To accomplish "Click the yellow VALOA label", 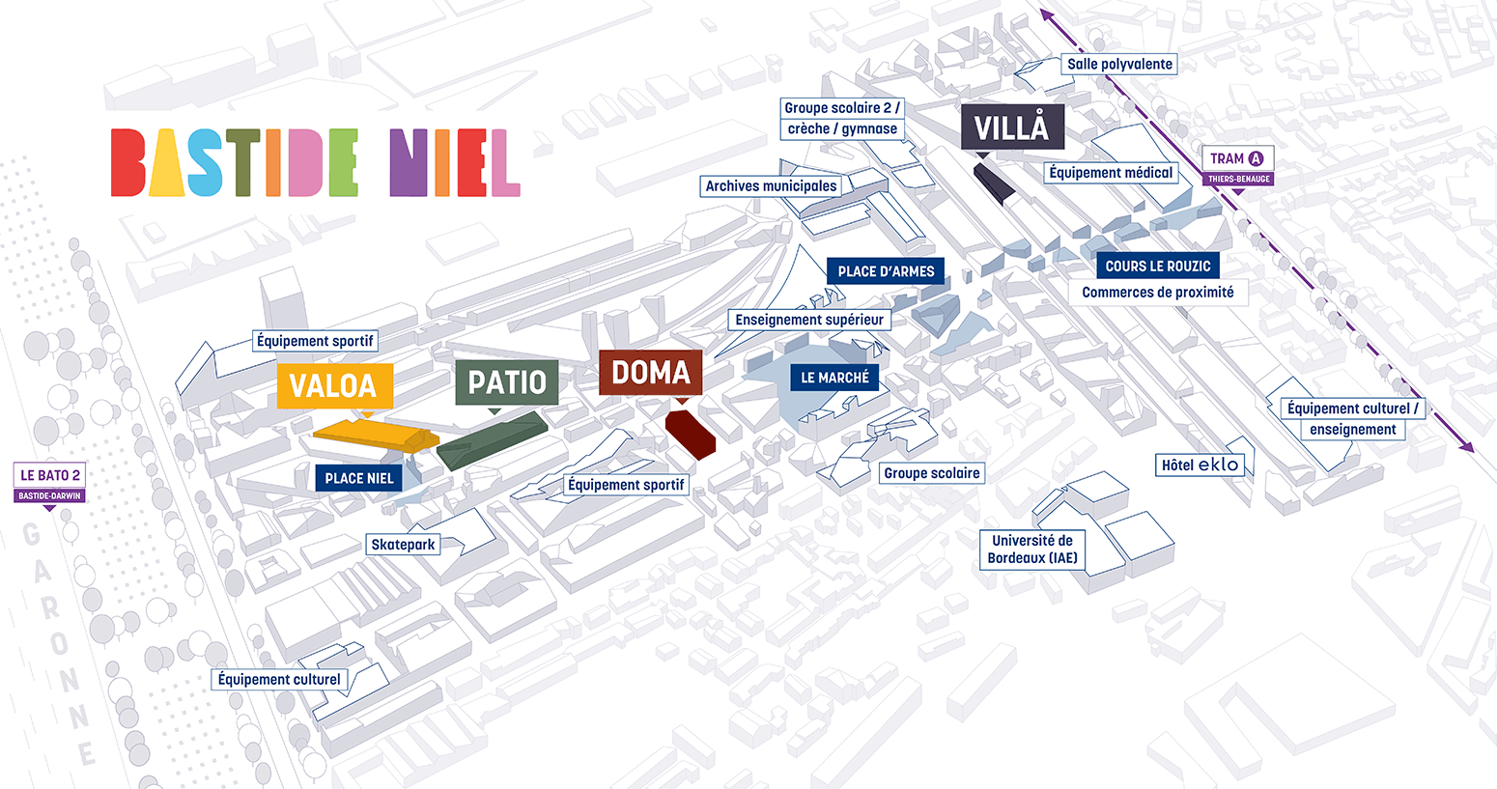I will [x=334, y=385].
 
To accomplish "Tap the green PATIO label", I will [x=507, y=382].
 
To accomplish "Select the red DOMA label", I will [x=650, y=373].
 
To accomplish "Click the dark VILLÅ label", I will [x=1011, y=127].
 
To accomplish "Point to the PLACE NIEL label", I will [x=358, y=478].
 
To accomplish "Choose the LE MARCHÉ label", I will [x=834, y=378].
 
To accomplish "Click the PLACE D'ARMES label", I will [x=886, y=271].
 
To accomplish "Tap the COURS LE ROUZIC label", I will [x=1157, y=266].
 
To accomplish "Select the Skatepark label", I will [x=403, y=545].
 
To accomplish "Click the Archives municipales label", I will [x=771, y=186].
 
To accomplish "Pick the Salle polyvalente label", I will [x=1119, y=65].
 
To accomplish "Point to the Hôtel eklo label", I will [x=1199, y=465].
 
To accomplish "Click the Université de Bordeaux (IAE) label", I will [x=1031, y=549].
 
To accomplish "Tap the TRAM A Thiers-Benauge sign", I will [x=1237, y=165].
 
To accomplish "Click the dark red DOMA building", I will [x=691, y=433].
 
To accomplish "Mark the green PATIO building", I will [x=493, y=439].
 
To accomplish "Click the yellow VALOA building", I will [x=372, y=434].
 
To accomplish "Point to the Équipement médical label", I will [x=1111, y=173].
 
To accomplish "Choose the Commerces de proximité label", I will [x=1157, y=293].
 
